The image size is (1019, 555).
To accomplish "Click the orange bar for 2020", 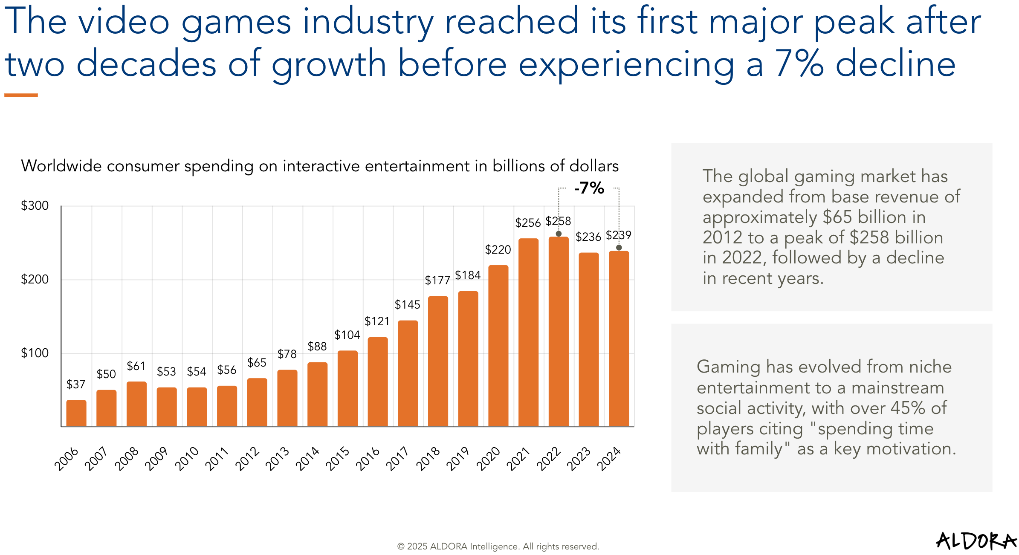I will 498,345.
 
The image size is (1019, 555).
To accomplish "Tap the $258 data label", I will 558,221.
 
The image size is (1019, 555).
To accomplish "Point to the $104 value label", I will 347,335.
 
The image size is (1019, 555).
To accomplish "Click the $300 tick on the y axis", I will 35,206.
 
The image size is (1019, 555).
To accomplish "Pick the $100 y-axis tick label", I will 35,353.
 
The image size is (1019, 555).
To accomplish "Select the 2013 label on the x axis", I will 278,459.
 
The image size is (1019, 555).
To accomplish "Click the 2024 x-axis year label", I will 609,459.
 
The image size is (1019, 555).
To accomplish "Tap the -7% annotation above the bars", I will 589,188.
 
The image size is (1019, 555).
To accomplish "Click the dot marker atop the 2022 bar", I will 559,234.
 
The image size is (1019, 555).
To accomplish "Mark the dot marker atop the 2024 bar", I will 619,248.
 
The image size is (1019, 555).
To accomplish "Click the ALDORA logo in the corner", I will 976,541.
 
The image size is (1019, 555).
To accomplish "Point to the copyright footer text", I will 498,546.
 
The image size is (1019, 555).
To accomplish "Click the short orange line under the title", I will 21,95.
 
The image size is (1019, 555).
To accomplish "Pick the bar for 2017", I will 408,373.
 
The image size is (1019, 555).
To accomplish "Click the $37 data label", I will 76,384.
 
